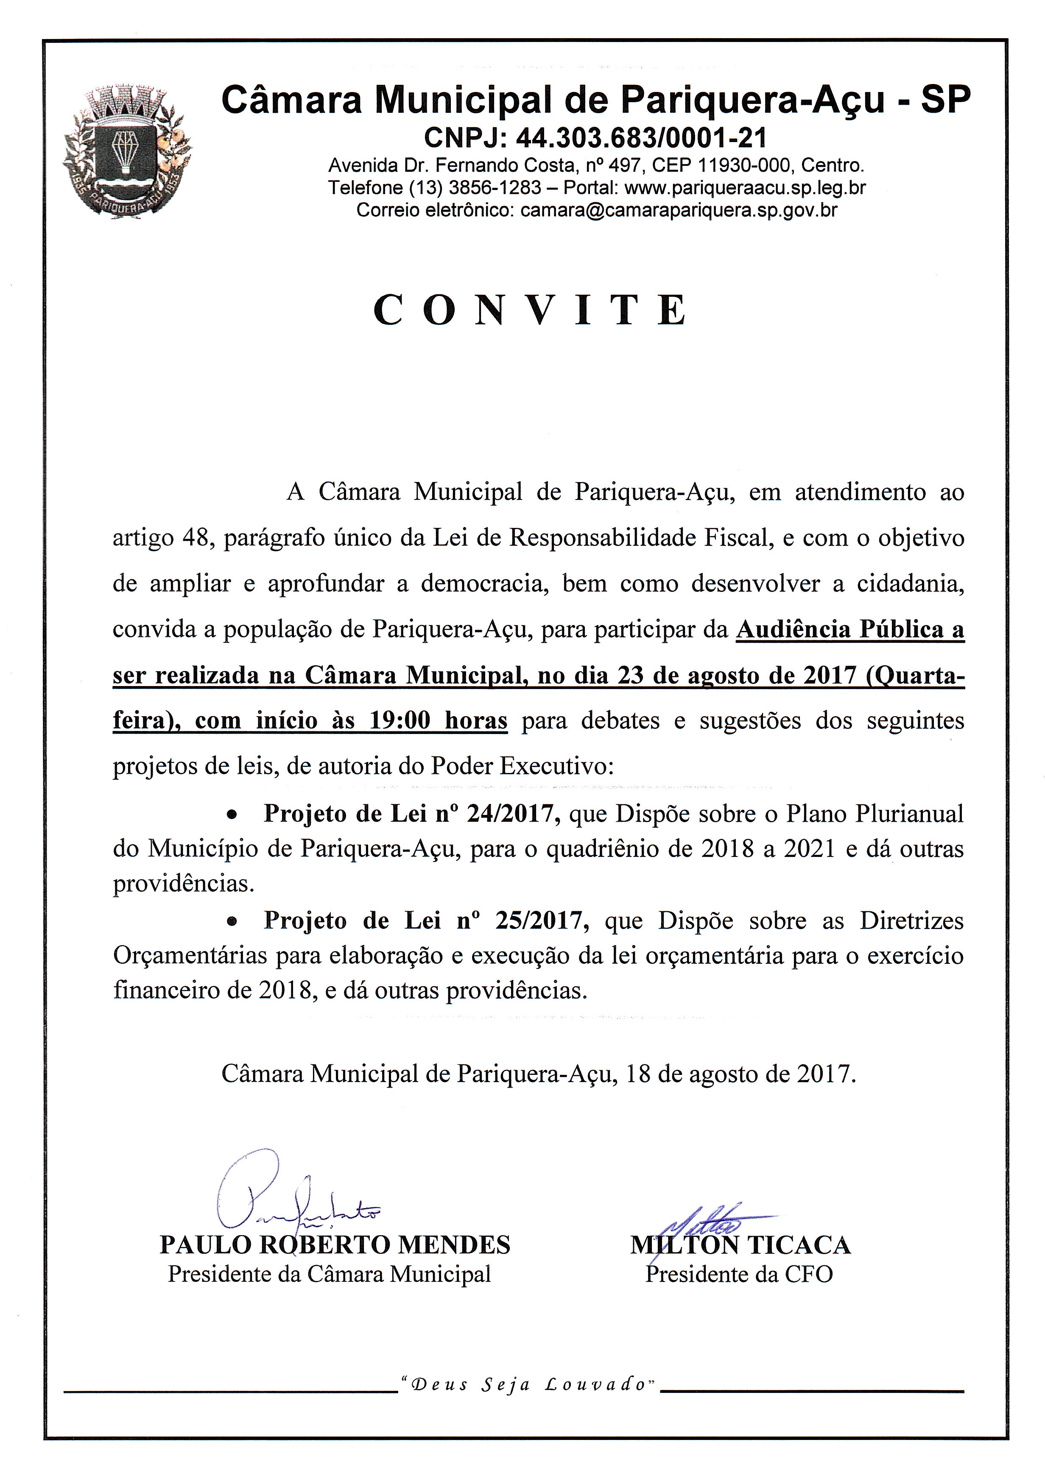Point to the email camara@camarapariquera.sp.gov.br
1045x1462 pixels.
pyautogui.click(x=679, y=210)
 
